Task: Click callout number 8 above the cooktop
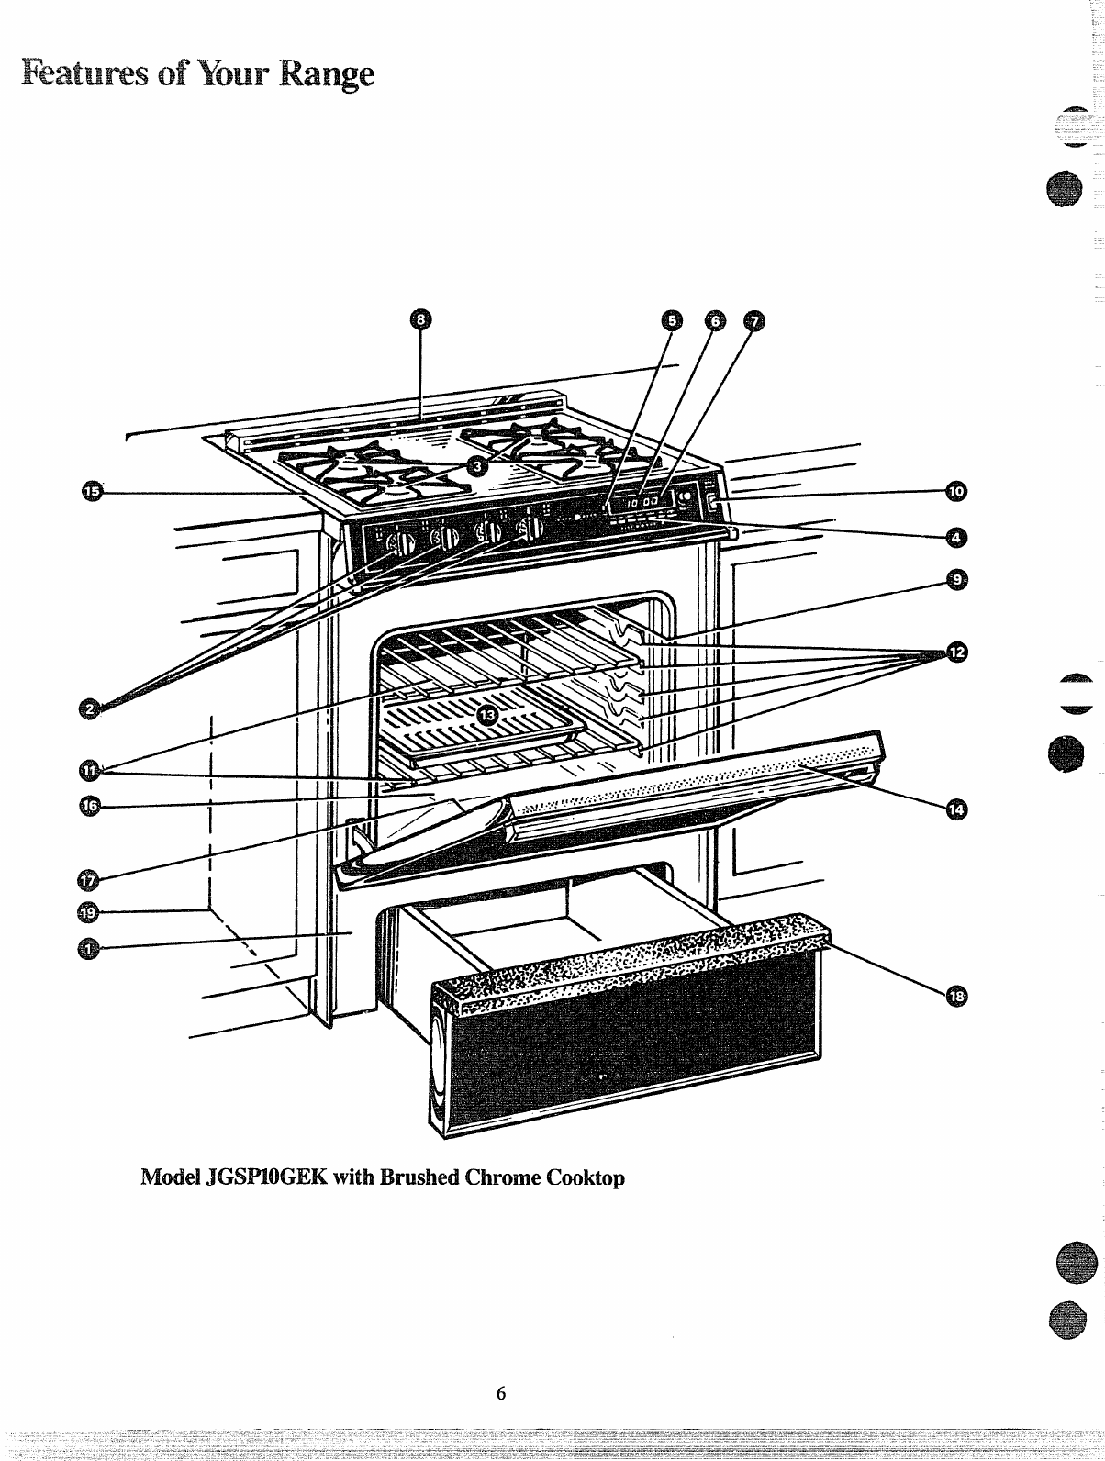tap(419, 319)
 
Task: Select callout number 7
tap(754, 320)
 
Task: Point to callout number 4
tap(956, 535)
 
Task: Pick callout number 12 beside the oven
tap(956, 652)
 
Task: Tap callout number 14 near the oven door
tap(956, 808)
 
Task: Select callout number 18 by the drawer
tap(956, 997)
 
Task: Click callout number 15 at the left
tap(90, 493)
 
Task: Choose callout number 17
tap(89, 879)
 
